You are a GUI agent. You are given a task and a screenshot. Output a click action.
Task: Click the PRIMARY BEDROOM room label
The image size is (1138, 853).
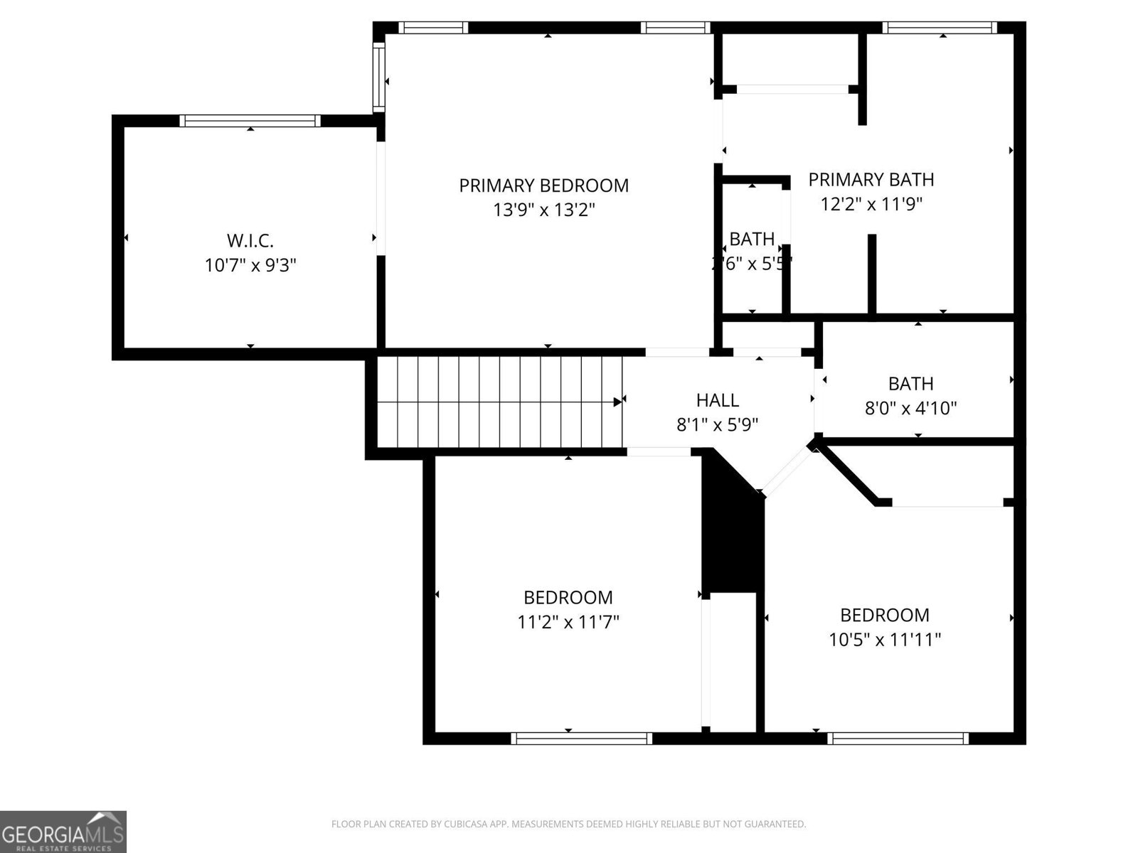pyautogui.click(x=543, y=186)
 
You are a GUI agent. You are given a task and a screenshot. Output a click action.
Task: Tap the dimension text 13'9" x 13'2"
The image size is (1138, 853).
pyautogui.click(x=543, y=210)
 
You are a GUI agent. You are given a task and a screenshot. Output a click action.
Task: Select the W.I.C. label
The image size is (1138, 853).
pyautogui.click(x=250, y=240)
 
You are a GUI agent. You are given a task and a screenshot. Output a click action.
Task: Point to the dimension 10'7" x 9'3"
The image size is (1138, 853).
pyautogui.click(x=250, y=266)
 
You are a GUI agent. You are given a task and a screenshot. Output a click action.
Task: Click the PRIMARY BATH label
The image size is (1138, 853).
pyautogui.click(x=871, y=179)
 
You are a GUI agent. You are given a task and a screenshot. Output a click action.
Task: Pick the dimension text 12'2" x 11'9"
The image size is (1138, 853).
pyautogui.click(x=871, y=205)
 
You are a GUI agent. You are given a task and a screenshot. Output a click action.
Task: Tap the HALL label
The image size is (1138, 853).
pyautogui.click(x=717, y=400)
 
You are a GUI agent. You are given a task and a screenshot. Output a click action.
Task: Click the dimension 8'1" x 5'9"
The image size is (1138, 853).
pyautogui.click(x=717, y=425)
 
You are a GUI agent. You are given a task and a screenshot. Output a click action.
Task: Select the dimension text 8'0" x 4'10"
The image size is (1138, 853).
pyautogui.click(x=910, y=408)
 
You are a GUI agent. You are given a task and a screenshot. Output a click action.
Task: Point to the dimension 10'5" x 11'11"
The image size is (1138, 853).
pyautogui.click(x=884, y=640)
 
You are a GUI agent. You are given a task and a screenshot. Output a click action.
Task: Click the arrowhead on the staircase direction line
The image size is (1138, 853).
pyautogui.click(x=617, y=402)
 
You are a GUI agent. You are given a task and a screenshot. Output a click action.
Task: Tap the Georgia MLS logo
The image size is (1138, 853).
pyautogui.click(x=63, y=831)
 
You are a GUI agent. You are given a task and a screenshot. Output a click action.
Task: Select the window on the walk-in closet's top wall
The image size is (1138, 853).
pyautogui.click(x=250, y=121)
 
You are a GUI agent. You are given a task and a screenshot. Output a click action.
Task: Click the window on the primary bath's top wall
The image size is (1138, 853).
pyautogui.click(x=939, y=28)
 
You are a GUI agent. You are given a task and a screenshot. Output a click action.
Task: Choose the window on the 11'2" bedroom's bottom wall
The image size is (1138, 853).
pyautogui.click(x=581, y=739)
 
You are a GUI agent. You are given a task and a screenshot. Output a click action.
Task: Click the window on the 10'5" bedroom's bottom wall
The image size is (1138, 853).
pyautogui.click(x=898, y=739)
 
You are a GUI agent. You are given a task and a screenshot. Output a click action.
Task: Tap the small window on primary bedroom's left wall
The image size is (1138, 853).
pyautogui.click(x=379, y=77)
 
